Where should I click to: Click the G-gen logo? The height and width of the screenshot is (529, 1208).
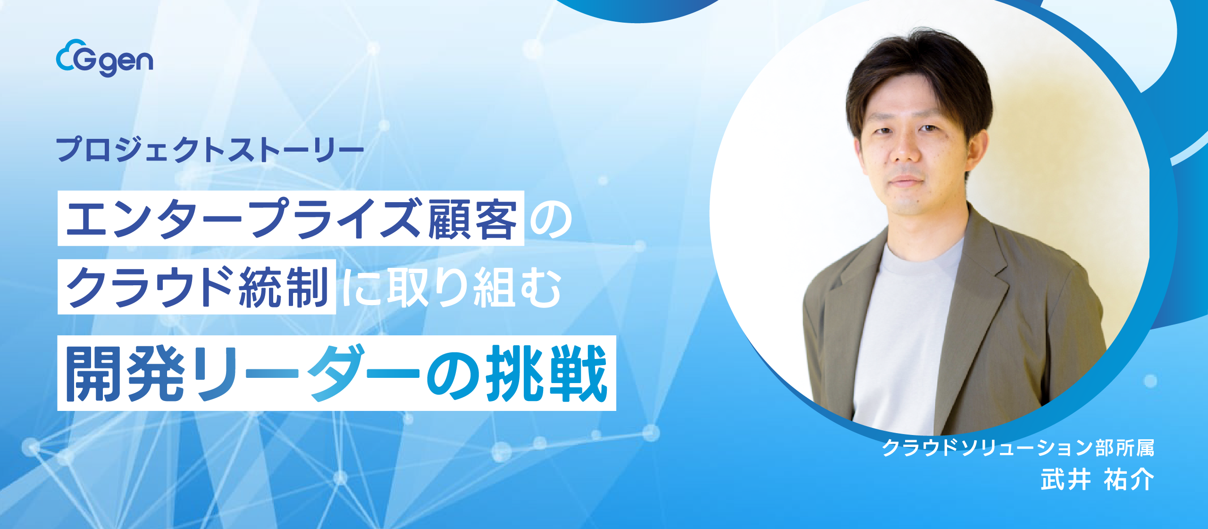[x=104, y=59]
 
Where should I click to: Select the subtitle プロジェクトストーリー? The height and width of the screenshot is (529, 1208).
[x=210, y=150]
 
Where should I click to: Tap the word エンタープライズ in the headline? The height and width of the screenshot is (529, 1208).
[x=243, y=219]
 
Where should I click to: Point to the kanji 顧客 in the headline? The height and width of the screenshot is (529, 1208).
[x=472, y=219]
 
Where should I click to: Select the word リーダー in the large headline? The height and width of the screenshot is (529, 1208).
[x=307, y=373]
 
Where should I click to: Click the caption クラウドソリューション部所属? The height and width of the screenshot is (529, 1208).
[x=1018, y=448]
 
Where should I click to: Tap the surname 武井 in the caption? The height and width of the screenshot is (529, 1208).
[x=1065, y=480]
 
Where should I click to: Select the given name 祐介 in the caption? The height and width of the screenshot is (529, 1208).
[x=1129, y=480]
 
